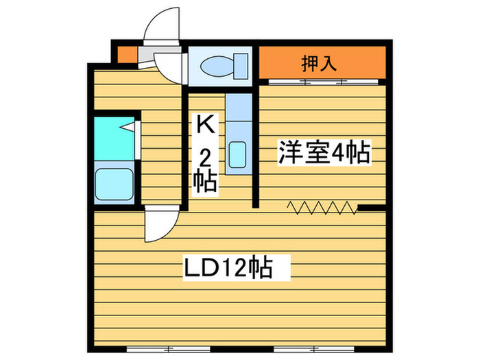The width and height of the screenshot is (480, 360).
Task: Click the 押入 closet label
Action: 319,64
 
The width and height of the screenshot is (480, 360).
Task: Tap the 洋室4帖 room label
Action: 323,152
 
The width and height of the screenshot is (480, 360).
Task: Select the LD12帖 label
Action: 228,267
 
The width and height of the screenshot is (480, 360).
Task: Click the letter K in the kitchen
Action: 204,124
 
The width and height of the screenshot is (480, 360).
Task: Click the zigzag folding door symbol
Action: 322,206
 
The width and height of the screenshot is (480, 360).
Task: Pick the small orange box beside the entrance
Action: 124,53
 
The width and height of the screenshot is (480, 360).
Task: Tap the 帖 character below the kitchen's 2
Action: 204,182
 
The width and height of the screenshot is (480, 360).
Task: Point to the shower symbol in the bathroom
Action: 130,126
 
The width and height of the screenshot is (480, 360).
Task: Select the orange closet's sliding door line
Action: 322,82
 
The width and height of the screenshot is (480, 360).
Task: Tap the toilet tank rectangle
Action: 241,66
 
